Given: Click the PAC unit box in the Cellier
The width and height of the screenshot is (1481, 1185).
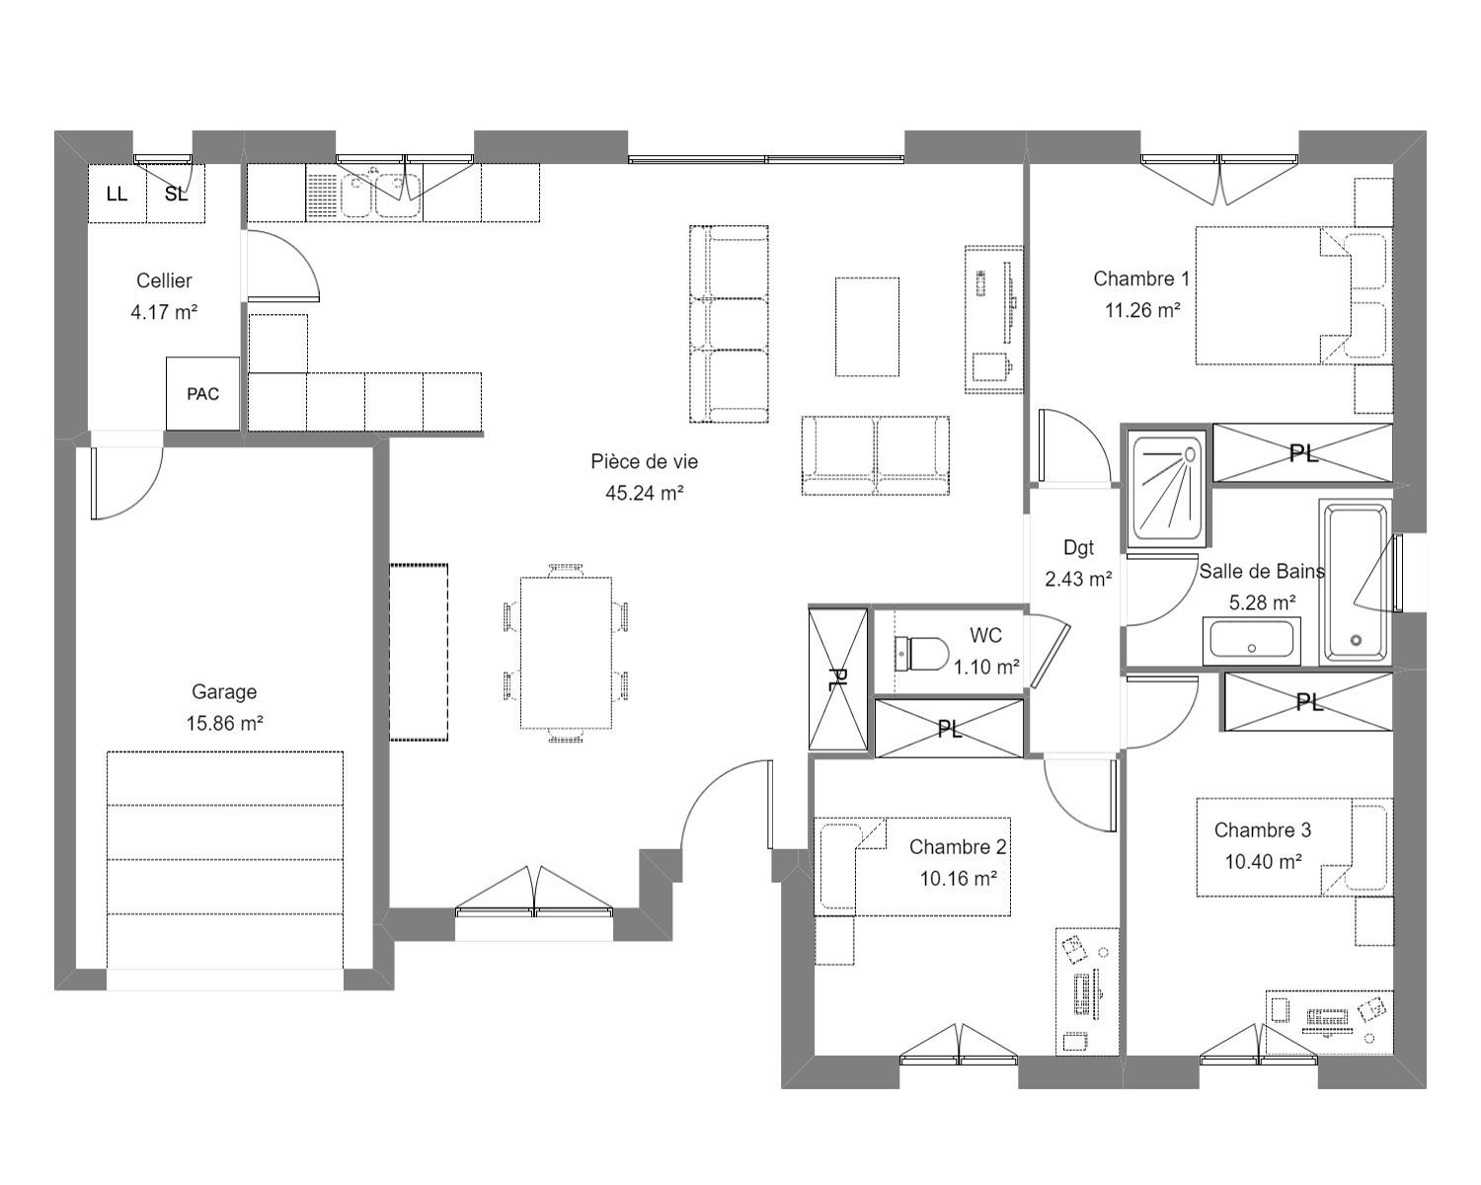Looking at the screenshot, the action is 203,394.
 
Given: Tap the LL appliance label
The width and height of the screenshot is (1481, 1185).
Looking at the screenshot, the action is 117,195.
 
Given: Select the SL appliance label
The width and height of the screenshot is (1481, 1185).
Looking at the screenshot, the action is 176,195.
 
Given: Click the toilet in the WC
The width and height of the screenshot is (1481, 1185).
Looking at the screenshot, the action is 922,652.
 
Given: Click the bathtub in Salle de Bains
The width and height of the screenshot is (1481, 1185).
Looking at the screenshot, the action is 1355,583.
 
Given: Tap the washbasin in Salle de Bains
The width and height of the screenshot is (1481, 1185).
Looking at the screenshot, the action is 1252,641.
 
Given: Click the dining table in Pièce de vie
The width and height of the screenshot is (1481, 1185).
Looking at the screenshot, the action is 566,652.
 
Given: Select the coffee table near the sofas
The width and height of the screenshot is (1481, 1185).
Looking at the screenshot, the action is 867,327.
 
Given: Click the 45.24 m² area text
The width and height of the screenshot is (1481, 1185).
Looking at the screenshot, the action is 644,493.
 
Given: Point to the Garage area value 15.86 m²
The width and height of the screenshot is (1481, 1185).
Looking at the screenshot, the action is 224,723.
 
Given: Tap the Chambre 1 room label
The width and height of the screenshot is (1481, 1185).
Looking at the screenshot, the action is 1141,278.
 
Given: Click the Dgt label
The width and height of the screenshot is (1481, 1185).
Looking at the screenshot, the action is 1078,548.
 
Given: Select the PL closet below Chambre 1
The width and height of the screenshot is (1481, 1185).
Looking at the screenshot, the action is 1302,453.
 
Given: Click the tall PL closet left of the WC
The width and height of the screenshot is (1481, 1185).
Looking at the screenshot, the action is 837,679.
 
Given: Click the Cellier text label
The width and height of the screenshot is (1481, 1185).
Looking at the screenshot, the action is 164,280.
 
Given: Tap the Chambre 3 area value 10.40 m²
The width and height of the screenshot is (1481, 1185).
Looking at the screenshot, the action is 1263,861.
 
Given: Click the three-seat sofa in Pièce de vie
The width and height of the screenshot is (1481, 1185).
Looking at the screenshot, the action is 729,324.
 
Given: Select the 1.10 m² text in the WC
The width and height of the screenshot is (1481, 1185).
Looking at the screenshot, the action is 986,667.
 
